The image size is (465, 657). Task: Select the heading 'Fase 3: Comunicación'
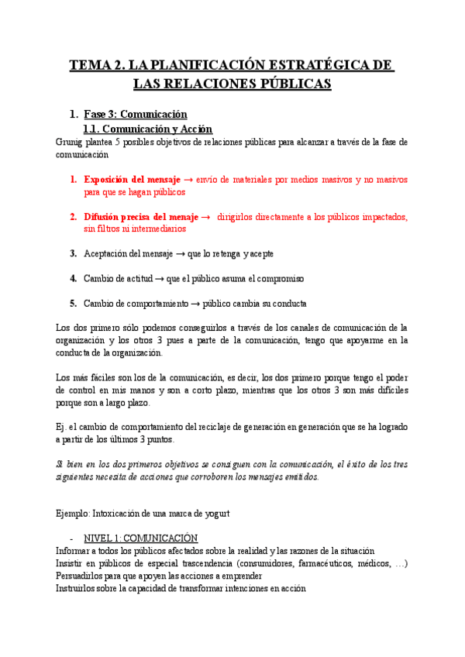(136, 114)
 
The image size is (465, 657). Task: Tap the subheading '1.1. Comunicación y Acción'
(147, 129)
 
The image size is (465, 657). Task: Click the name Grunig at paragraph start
(70, 143)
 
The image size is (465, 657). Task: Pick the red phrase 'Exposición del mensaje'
(132, 180)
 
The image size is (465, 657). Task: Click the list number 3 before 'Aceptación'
(73, 253)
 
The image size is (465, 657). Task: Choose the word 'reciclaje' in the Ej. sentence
(226, 427)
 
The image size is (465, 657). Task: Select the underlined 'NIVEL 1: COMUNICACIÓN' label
(140, 538)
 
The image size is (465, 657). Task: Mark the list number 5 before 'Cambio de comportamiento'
(73, 303)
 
